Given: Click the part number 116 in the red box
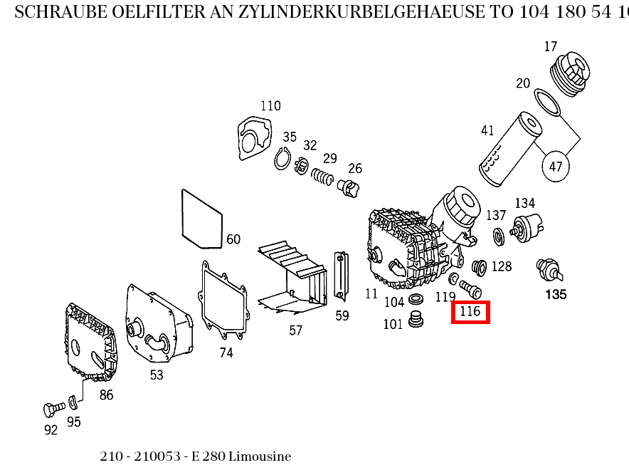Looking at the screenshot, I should pyautogui.click(x=470, y=312).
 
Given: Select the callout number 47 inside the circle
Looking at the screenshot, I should pyautogui.click(x=556, y=167).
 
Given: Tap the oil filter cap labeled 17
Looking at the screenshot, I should pyautogui.click(x=571, y=74).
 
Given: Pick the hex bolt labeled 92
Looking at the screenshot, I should pyautogui.click(x=50, y=409).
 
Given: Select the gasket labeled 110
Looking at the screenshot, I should pyautogui.click(x=255, y=138).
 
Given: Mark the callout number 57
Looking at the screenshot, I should pyautogui.click(x=295, y=330).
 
